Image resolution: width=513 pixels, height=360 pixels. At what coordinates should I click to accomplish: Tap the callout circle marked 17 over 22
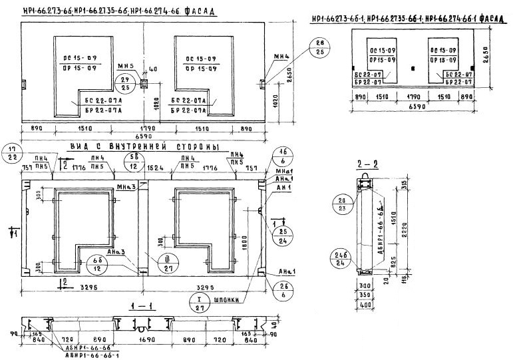(x=11, y=153)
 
